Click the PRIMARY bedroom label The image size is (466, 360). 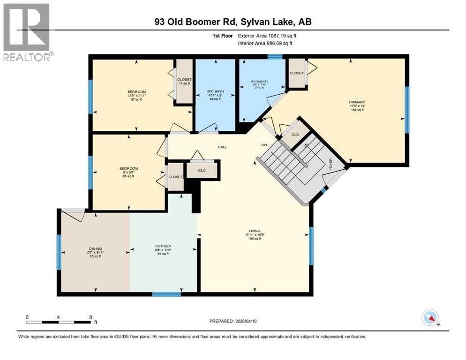click(357, 102)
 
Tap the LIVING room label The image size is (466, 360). click(255, 231)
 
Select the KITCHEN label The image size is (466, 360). click(163, 246)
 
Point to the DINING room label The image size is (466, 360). click(95, 248)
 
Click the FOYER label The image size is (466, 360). click(331, 164)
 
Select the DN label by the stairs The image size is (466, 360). click(264, 145)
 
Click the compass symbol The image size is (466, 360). click(429, 318)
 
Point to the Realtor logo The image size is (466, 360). click(27, 32)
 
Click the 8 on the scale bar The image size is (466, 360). click(90, 317)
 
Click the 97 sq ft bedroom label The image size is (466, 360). click(136, 92)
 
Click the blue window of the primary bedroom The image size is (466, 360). click(407, 110)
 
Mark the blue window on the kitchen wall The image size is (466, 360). click(166, 294)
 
